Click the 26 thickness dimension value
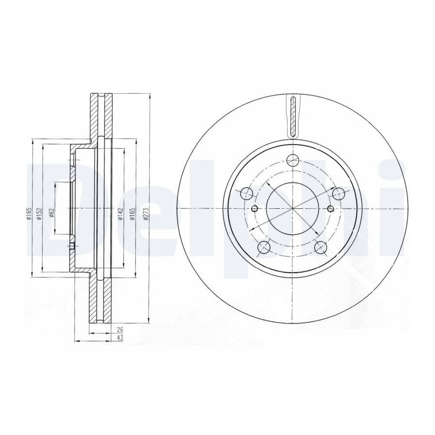pyautogui.click(x=120, y=330)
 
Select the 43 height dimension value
pyautogui.click(x=120, y=338)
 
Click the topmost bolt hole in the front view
pyautogui.click(x=293, y=160)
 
